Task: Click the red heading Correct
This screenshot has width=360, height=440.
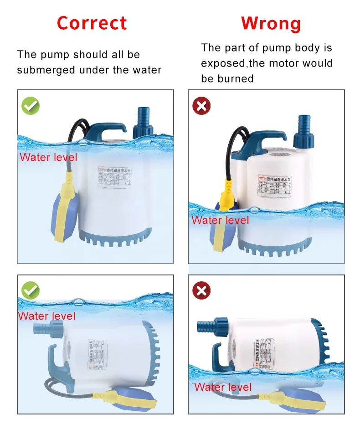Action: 92,23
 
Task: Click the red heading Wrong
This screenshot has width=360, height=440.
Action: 271,23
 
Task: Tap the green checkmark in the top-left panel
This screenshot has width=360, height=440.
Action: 31,106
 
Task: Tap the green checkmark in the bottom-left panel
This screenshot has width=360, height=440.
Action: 31,290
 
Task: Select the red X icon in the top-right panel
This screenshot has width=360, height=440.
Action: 201,106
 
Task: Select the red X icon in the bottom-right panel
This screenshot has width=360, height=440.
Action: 201,290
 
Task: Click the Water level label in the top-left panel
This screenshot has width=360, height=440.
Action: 48,158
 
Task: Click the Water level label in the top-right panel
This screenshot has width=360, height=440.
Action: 220,220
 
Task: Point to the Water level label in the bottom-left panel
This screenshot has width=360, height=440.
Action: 46,316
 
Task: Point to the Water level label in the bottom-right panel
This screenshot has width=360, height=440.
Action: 223,387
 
